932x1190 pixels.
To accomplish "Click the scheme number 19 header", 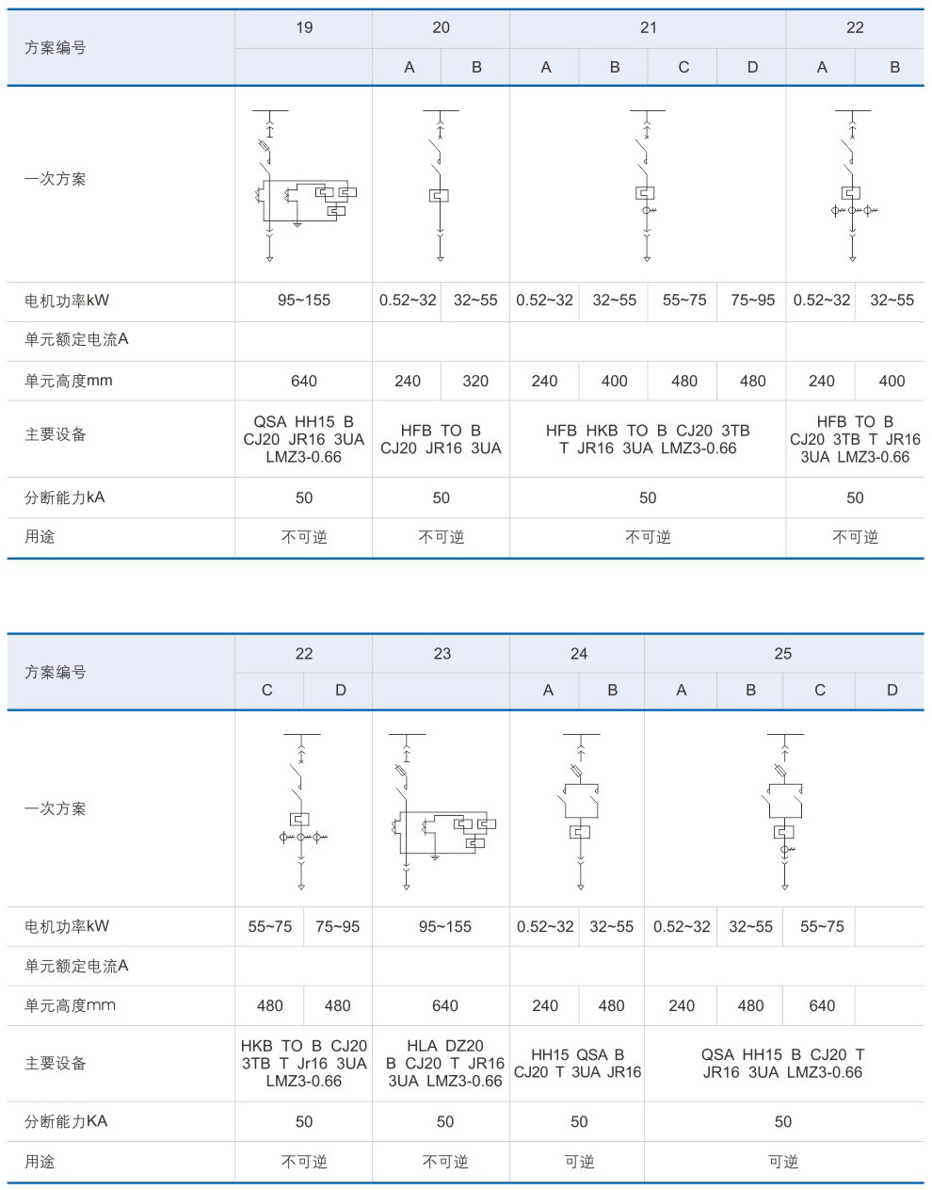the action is click(x=304, y=27).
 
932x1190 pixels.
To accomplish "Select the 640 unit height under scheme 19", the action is click(x=303, y=381).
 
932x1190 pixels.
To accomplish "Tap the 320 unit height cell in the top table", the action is click(x=475, y=381).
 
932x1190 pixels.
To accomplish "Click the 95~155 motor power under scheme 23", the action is click(x=444, y=926).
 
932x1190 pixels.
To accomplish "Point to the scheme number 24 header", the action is click(x=579, y=653).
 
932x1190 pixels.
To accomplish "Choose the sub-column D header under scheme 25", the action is click(x=892, y=690).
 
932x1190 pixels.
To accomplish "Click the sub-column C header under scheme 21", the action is click(x=683, y=67).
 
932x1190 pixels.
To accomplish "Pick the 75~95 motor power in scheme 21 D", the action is click(x=752, y=301).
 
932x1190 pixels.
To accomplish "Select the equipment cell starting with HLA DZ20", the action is click(x=444, y=1063).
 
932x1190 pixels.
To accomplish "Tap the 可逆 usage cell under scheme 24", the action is click(x=579, y=1162).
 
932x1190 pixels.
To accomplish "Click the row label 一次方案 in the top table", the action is click(x=55, y=178).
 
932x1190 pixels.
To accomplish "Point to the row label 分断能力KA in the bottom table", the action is click(x=66, y=1121).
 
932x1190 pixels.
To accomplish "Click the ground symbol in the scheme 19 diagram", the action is click(x=297, y=224).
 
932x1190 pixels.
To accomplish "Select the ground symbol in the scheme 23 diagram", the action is click(x=435, y=856).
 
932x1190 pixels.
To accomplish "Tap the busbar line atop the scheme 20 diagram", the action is click(x=441, y=110).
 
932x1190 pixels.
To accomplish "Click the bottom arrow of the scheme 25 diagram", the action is click(x=785, y=887).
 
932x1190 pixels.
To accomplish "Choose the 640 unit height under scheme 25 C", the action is click(x=822, y=1005).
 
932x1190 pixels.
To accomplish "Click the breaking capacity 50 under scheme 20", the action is click(x=441, y=497).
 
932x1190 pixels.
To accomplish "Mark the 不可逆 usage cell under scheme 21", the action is click(x=648, y=537).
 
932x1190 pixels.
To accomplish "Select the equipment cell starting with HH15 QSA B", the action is click(x=577, y=1063).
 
